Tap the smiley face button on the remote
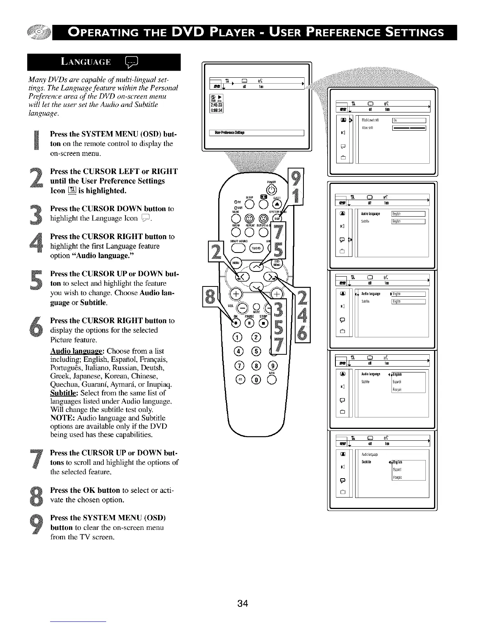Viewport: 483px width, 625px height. (x=249, y=218)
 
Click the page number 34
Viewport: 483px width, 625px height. (x=243, y=603)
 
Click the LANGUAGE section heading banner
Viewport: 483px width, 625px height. (x=104, y=62)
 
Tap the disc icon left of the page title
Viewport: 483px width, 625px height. (x=39, y=33)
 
